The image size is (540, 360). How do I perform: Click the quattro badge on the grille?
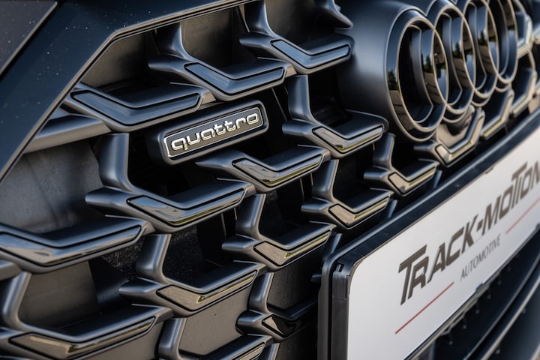click(213, 132)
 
